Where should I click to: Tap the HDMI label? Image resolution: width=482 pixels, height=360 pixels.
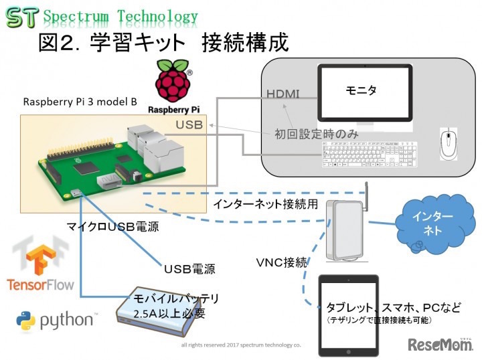[x=283, y=94]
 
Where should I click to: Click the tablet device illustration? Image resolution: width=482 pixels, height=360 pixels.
[x=347, y=314]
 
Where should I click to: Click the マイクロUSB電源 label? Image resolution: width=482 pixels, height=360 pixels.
[x=116, y=227]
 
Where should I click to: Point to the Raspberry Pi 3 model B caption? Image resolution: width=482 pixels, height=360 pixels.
[x=80, y=102]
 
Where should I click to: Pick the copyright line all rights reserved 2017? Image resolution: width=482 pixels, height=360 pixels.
[x=240, y=345]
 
